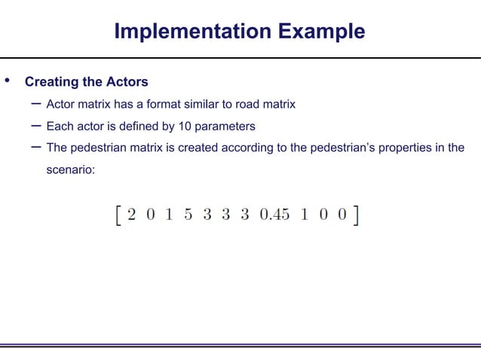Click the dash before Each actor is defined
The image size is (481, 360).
[x=35, y=125]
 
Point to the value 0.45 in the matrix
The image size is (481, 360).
[x=274, y=215]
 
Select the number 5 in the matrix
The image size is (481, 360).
[x=186, y=215]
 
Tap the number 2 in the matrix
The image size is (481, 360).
[x=133, y=215]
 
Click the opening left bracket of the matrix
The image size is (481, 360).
[x=116, y=215]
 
